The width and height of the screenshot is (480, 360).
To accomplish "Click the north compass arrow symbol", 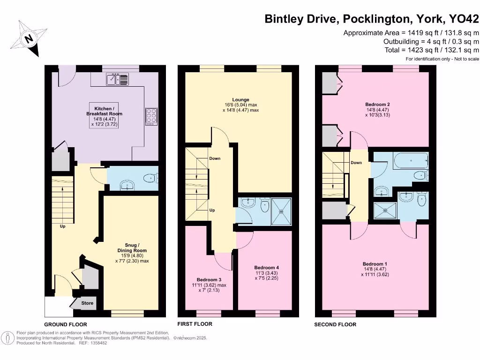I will point(30,38).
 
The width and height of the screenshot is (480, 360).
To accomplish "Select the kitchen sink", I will point(117,80).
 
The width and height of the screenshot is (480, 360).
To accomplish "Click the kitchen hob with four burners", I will point(151,116).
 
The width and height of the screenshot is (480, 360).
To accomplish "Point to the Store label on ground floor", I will point(88,303).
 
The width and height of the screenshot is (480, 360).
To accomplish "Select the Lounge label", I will point(240,99).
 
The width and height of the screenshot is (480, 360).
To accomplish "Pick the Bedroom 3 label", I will point(209,279).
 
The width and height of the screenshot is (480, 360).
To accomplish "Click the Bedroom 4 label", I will point(267,268).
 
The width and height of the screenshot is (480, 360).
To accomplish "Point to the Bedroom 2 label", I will point(378,104).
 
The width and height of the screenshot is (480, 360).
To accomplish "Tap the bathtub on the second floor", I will point(411,161).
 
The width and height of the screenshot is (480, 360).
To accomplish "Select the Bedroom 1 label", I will point(375,264).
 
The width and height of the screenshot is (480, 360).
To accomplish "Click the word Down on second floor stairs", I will point(356,163).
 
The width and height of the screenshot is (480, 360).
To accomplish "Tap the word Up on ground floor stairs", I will point(62,226).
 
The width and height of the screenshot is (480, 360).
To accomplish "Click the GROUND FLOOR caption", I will point(66,324).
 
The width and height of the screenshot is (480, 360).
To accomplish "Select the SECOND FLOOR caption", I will point(335,324).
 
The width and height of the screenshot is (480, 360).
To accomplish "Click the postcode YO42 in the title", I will point(464,19).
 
